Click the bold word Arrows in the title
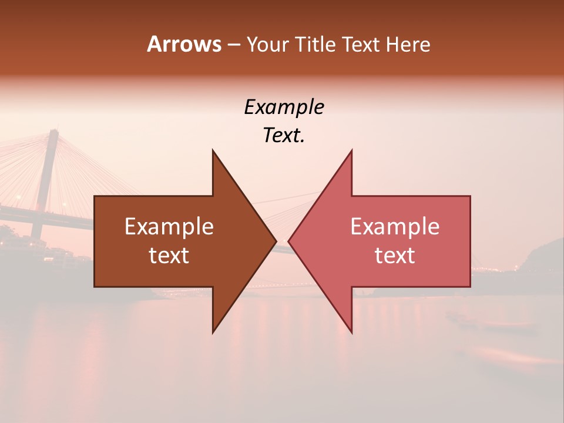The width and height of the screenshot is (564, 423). coord(184,44)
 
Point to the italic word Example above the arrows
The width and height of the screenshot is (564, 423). coord(284,108)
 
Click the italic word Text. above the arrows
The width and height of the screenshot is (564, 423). coord(284,136)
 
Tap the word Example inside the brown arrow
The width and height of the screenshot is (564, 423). coord(169,227)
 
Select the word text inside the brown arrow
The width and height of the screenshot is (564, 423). coord(169,256)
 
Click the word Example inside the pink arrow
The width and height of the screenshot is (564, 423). coord(395,227)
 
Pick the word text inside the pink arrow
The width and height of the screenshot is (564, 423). coord(395,256)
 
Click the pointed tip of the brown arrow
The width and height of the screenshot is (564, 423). coord(275,241)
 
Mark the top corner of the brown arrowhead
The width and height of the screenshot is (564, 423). coord(213,151)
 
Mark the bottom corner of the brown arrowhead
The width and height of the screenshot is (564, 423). coord(213,332)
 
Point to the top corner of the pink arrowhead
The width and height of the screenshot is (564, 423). coord(351,151)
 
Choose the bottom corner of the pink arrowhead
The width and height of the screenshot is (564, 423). coord(351,332)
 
